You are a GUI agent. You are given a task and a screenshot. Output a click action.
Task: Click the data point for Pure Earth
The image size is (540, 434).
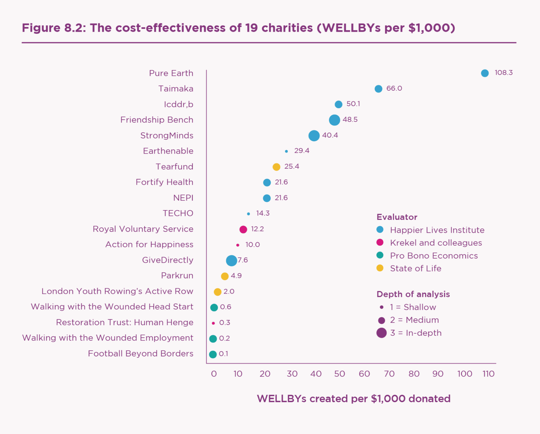point(485,73)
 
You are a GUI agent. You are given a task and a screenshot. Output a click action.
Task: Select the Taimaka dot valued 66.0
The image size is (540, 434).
point(378,89)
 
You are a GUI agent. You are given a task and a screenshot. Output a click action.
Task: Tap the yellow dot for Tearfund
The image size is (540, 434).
point(276,167)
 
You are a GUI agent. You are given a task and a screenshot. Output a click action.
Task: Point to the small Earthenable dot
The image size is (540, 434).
point(286,151)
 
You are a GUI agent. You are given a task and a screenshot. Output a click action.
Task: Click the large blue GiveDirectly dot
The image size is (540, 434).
point(231,261)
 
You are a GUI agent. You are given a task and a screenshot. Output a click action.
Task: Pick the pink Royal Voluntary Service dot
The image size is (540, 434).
point(243,229)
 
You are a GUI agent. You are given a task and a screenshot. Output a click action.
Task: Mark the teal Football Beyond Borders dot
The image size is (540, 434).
point(213,354)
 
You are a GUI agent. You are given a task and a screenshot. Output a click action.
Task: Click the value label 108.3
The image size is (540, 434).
point(503,73)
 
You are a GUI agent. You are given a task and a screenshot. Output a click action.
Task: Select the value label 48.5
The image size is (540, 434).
point(350,120)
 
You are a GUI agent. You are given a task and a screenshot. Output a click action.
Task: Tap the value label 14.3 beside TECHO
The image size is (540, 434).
point(263,213)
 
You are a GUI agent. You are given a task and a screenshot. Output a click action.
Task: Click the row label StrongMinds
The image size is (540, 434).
point(167,136)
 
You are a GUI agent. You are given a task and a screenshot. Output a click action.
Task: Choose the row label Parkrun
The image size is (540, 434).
point(177,276)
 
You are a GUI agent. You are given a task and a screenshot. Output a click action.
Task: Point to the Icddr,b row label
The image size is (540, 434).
point(179,105)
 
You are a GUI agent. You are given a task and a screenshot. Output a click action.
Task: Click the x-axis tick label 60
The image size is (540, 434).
point(364,374)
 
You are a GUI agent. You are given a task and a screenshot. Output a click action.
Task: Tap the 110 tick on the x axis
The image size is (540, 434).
point(488,374)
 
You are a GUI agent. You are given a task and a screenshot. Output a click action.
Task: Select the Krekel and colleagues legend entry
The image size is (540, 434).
point(436,243)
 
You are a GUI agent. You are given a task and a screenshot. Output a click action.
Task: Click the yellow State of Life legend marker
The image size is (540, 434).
point(380,268)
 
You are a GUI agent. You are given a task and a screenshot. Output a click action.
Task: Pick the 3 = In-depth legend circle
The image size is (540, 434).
point(381,333)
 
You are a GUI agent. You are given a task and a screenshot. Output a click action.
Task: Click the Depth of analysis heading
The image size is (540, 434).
point(413,294)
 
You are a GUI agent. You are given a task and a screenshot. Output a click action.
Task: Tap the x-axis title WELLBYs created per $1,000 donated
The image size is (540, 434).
point(353,399)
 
